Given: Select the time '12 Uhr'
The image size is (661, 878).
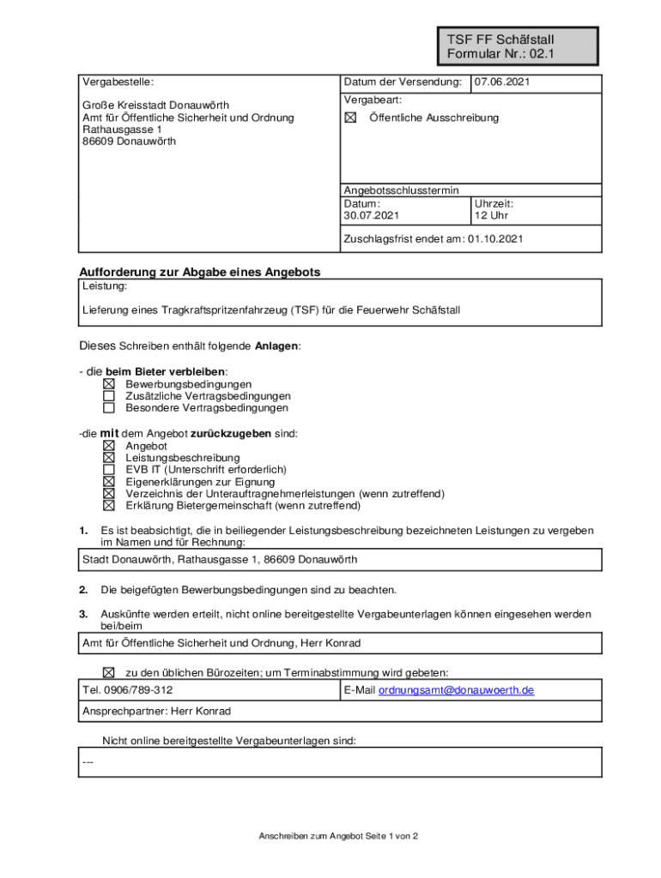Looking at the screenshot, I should tap(491, 216).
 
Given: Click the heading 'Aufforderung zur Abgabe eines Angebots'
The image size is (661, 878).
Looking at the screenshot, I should tap(200, 272).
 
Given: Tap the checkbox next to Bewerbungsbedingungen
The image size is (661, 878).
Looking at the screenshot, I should tap(109, 384).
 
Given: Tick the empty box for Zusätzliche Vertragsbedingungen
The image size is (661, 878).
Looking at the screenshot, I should tap(109, 396).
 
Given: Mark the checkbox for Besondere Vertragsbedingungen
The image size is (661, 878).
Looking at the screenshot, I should tap(109, 408).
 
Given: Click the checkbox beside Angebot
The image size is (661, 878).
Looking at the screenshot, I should tap(109, 446).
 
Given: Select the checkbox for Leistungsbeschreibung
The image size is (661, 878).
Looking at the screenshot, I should tap(109, 458).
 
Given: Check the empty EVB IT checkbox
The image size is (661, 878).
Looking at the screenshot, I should tap(109, 470).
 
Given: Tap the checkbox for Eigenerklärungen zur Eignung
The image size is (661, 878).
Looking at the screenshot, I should tap(109, 482).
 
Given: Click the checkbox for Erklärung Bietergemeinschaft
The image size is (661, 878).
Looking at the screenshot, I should tap(109, 506).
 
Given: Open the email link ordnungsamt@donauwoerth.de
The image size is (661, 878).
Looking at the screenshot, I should tap(456, 690).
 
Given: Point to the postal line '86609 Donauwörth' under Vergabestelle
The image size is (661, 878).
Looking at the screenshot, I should tap(129, 141).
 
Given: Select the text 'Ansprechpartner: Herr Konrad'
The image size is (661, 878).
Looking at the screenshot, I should tap(156, 711).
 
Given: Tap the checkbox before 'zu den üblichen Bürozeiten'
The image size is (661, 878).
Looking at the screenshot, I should tap(109, 672).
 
